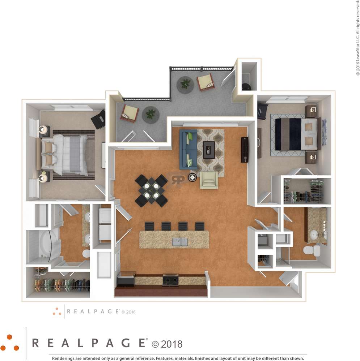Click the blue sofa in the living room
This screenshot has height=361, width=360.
(x=188, y=149)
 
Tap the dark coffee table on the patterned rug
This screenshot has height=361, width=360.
(x=209, y=150)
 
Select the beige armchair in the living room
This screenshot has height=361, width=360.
(x=209, y=180)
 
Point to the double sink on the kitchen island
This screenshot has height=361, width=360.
(x=180, y=241)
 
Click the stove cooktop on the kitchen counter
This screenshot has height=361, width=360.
(x=170, y=279)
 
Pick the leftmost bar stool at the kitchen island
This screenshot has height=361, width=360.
(x=149, y=226)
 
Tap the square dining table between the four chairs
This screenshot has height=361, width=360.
(x=151, y=190)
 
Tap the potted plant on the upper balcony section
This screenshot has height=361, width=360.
(x=185, y=84)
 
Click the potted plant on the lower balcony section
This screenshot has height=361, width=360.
(x=151, y=115)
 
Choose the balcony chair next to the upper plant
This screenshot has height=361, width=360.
(x=205, y=82)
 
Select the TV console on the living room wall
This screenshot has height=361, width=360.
(x=245, y=150)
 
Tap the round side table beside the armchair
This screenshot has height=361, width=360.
(x=192, y=177)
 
